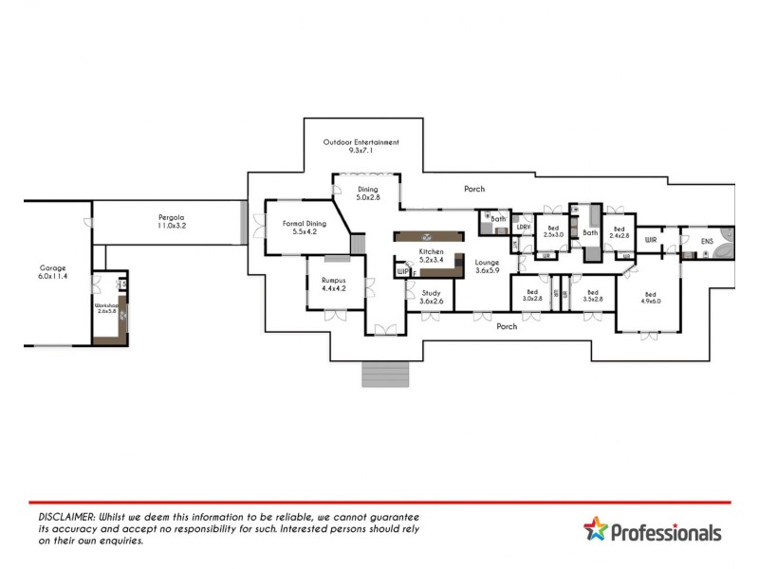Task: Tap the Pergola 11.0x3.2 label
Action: (171, 223)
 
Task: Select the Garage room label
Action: (52, 272)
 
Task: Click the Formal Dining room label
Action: (304, 228)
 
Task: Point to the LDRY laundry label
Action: (522, 227)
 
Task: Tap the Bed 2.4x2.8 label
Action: (620, 232)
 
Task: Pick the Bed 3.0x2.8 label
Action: (531, 296)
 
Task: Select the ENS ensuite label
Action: (707, 241)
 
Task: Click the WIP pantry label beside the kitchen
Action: (402, 271)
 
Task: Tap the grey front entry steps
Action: (384, 373)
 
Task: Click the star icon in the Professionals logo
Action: (595, 529)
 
